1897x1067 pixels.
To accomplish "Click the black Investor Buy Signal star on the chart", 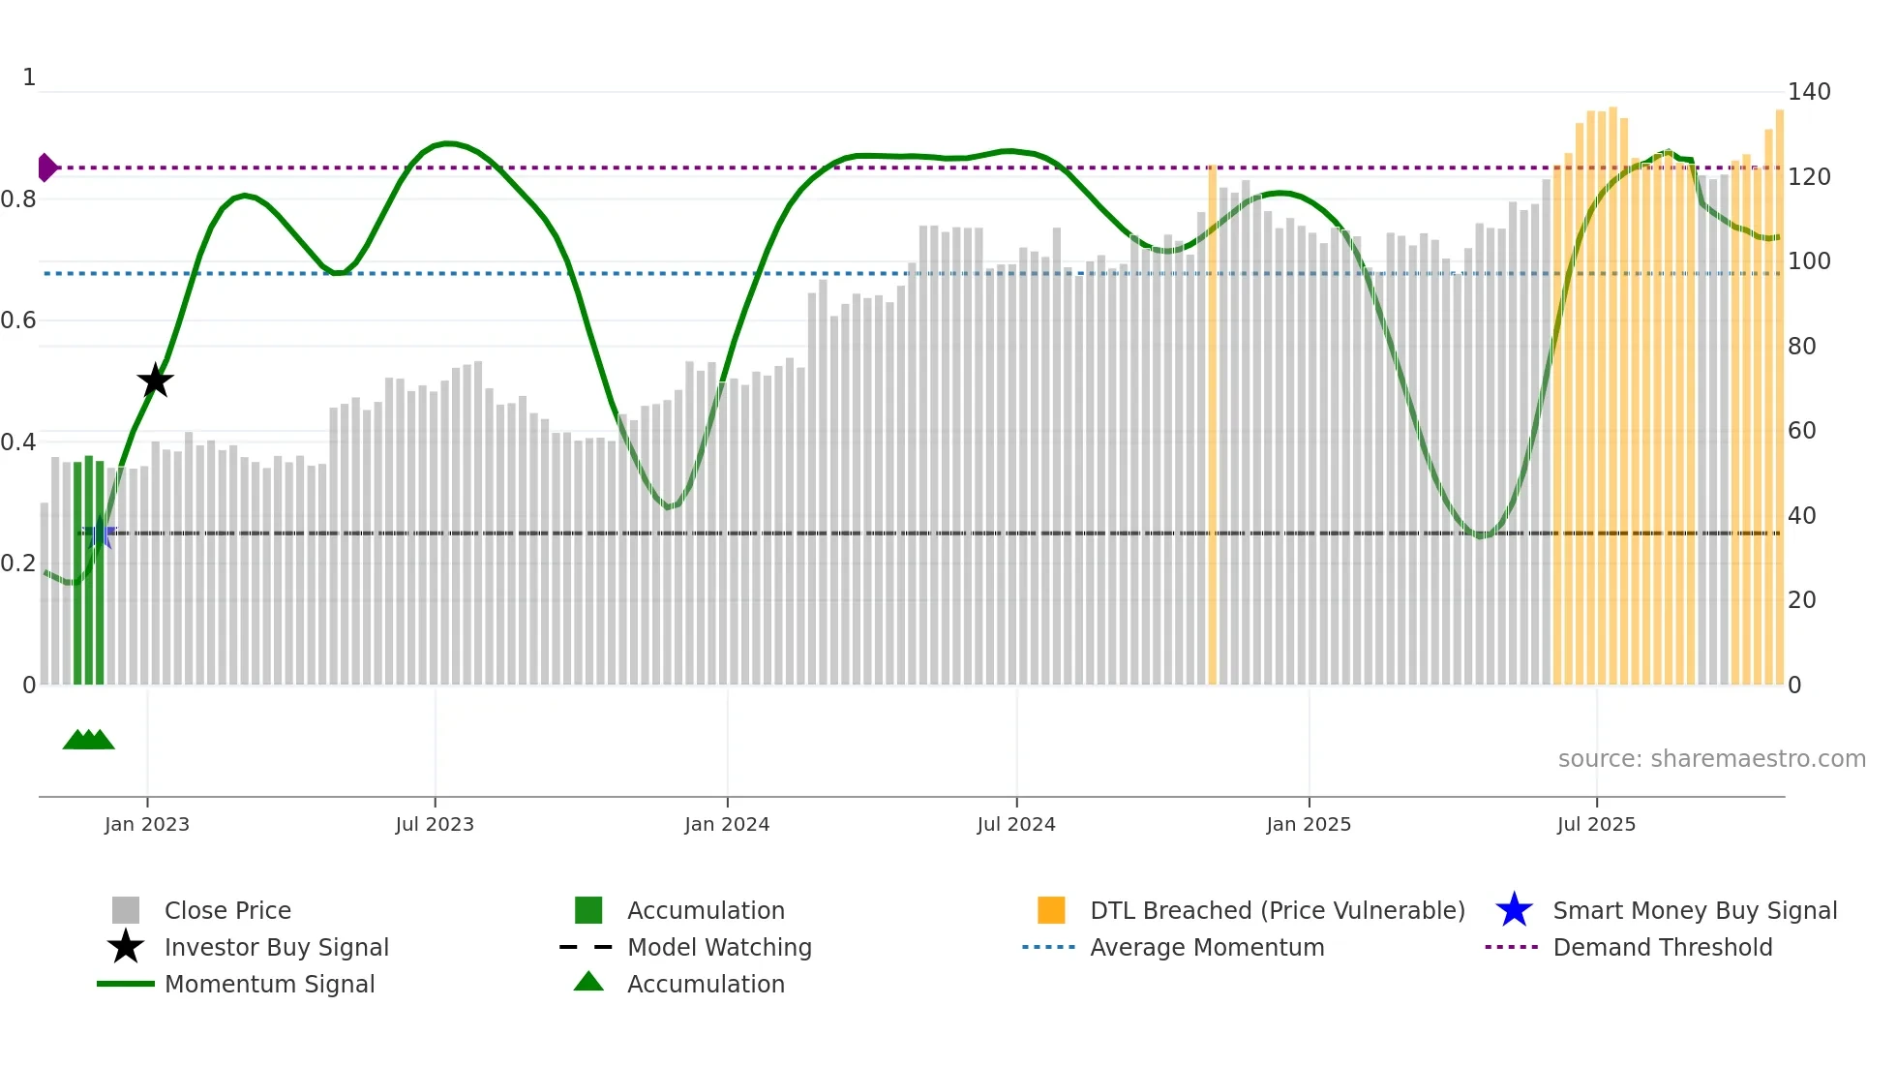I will tap(155, 381).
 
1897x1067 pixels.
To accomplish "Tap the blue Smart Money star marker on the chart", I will tap(100, 532).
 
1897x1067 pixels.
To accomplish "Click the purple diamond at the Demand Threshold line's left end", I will tap(46, 168).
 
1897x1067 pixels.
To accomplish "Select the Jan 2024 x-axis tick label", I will tap(727, 824).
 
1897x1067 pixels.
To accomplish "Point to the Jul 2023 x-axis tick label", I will tap(435, 824).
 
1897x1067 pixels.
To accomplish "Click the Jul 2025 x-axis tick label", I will tap(1596, 824).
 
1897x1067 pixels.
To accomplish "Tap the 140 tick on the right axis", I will tap(1809, 92).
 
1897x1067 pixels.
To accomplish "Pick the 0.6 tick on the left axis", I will tap(18, 320).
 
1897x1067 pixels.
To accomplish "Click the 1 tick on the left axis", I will tap(29, 77).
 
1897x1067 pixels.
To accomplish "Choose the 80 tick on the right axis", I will tap(1801, 346).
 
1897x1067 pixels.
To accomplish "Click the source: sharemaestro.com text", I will tap(1711, 758).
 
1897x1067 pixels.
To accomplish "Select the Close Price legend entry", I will tap(227, 910).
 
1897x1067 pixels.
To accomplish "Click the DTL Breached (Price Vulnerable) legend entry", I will tap(1277, 910).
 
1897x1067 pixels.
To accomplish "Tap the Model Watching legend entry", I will tap(719, 947).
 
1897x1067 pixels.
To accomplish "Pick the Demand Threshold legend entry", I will tap(1662, 947).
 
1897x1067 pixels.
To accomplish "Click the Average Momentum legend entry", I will tap(1206, 947).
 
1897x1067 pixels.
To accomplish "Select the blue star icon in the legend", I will tap(1514, 910).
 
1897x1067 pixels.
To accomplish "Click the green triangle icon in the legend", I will tap(588, 982).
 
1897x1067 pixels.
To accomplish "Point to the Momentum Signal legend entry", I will tap(269, 984).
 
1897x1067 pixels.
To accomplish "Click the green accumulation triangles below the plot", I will tap(88, 740).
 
